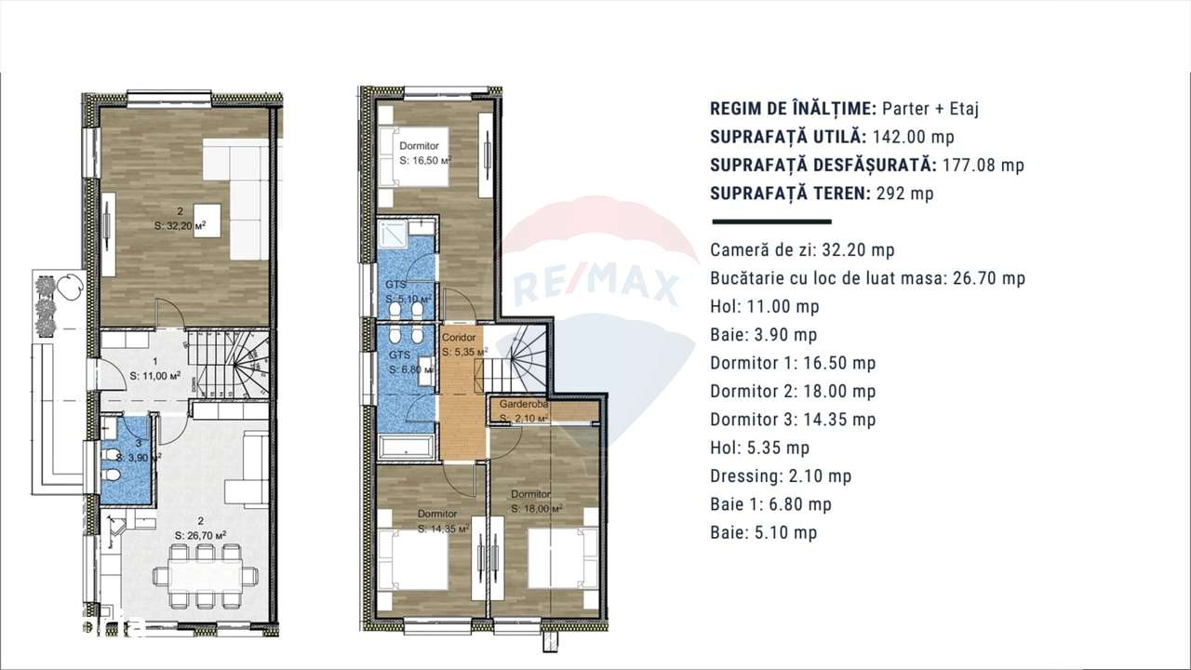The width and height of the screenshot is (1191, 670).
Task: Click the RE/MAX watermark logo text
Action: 595,285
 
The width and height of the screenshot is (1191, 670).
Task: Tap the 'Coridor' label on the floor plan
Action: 460,338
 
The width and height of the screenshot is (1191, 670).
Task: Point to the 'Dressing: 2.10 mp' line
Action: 780,476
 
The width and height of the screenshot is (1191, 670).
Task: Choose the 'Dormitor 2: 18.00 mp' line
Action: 792,392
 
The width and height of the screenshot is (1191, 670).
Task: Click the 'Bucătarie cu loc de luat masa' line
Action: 867,278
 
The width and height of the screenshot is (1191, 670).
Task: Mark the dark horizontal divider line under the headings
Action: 770,222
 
